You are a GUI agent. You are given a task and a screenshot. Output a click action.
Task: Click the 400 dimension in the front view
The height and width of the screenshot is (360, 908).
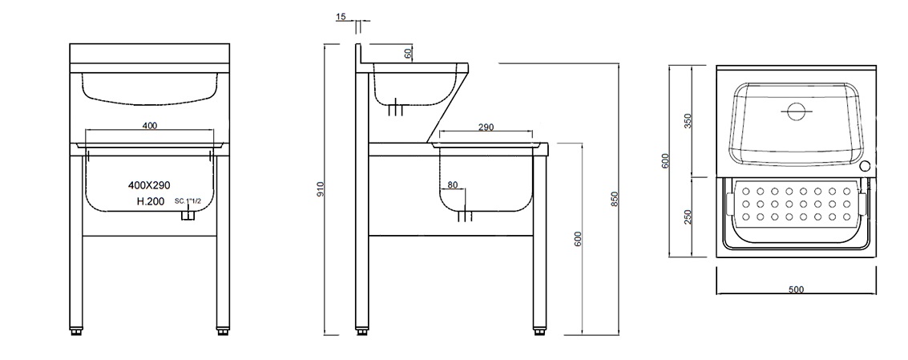[x=149, y=125]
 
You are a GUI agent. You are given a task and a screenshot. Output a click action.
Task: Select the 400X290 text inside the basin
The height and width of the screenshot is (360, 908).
[x=149, y=185]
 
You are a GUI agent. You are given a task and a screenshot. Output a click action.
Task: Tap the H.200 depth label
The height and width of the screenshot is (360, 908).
[x=144, y=201]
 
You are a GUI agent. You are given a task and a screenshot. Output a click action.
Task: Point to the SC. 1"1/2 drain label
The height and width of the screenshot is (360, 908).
[x=189, y=201]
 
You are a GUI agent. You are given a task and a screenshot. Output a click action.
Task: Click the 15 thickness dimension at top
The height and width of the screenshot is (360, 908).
[x=341, y=17]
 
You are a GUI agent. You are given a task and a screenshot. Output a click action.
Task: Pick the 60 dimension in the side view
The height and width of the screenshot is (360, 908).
[x=408, y=52]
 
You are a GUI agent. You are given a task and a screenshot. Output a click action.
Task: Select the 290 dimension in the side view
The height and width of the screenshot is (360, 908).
[x=486, y=127]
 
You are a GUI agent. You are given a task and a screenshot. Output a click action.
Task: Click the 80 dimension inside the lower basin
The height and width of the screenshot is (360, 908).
[x=453, y=185]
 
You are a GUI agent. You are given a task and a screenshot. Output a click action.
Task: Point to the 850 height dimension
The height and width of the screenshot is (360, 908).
[x=615, y=199]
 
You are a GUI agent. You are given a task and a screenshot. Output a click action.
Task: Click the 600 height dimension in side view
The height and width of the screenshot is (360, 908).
[x=579, y=238]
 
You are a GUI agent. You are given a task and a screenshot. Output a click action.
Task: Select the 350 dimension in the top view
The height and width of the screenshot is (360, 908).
[x=688, y=120]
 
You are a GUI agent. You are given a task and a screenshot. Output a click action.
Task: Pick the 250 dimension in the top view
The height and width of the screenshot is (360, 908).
[x=688, y=216]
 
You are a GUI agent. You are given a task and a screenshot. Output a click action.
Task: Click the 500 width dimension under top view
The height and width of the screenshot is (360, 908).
[x=796, y=289]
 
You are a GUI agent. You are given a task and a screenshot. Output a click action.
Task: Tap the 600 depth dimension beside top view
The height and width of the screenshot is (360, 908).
[x=664, y=161]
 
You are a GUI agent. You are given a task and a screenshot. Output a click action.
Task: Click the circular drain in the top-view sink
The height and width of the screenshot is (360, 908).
[x=795, y=111]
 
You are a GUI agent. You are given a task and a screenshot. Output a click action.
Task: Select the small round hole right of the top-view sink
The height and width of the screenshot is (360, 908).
[x=866, y=167]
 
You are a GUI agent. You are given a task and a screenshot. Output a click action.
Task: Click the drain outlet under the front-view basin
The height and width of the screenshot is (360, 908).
[x=188, y=216]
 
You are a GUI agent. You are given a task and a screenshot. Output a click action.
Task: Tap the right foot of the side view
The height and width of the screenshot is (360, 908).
[x=539, y=329]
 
